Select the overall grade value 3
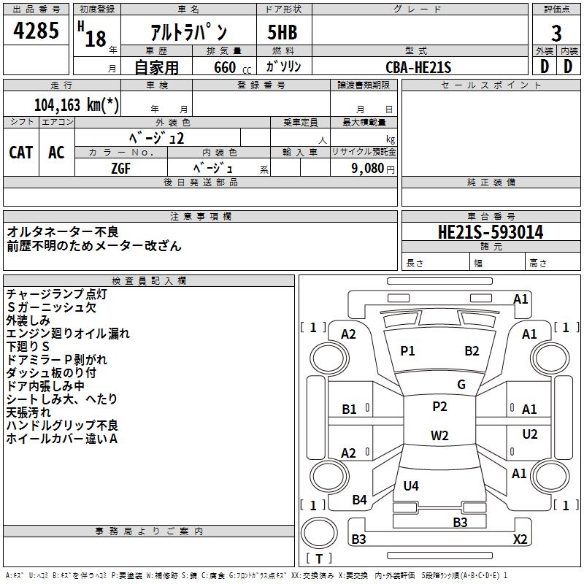556,34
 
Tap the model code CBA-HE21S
418,67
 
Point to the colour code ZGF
120,168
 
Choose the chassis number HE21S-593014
490,232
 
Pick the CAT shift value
21,152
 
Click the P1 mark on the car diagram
407,351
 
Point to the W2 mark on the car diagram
439,436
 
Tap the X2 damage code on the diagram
520,539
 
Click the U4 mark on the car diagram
411,485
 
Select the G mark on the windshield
461,385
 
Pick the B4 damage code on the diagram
359,500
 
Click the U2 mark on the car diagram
530,434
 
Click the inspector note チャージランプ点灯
56,294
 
